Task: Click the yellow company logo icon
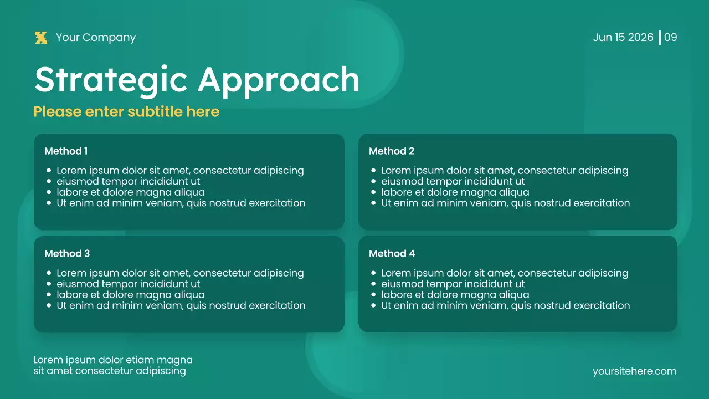click(x=41, y=38)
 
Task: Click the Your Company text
click(x=96, y=38)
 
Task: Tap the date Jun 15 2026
click(x=623, y=38)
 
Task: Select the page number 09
click(x=671, y=38)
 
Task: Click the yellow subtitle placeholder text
click(x=126, y=112)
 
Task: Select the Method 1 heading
click(x=66, y=151)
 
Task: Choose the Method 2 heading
click(x=392, y=151)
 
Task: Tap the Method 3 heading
click(x=67, y=254)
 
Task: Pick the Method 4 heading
click(x=392, y=254)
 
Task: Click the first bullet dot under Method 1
click(x=49, y=171)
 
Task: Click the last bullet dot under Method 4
click(x=374, y=305)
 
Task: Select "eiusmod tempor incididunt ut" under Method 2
click(x=453, y=181)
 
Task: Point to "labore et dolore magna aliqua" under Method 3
click(x=130, y=295)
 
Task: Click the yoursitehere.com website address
click(x=634, y=371)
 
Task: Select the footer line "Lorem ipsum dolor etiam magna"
click(x=113, y=360)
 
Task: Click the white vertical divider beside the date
click(x=660, y=38)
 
